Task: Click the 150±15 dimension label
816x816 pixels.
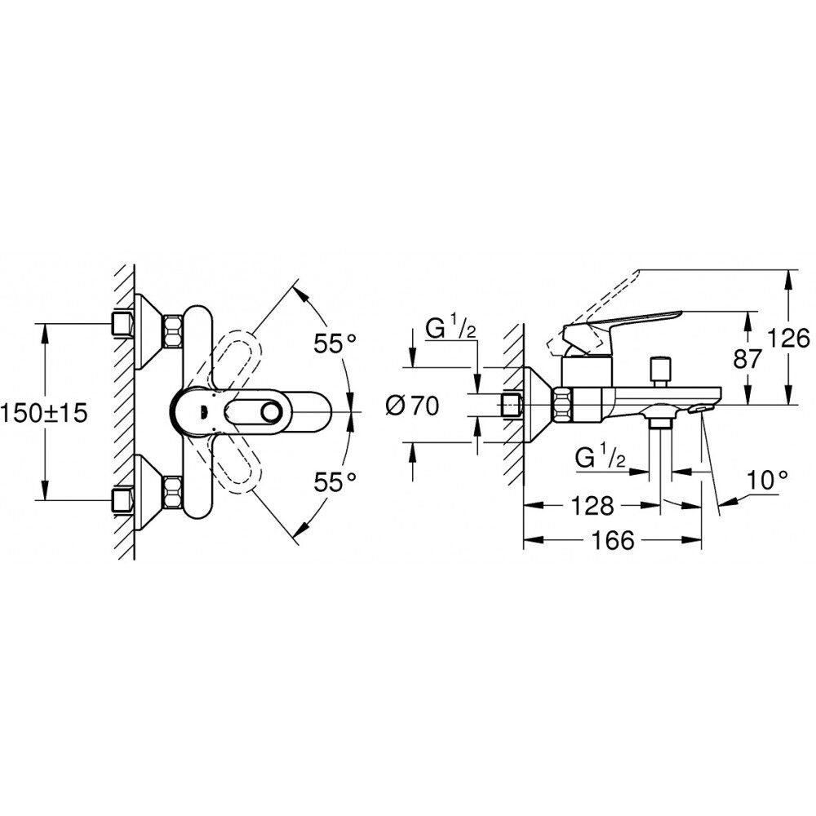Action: click(x=44, y=413)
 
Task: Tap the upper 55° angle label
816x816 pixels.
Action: click(x=335, y=344)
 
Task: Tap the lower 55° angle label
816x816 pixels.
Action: click(x=335, y=482)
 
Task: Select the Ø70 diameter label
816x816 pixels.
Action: click(x=412, y=406)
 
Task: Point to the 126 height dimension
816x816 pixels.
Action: click(x=789, y=339)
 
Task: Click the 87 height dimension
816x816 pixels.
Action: click(x=747, y=359)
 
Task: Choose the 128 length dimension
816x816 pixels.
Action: click(x=592, y=505)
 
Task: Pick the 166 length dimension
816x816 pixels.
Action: click(x=613, y=540)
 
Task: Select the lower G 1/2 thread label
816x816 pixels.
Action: click(x=601, y=458)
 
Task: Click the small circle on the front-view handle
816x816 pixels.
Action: click(x=271, y=412)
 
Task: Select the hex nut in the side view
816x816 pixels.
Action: click(x=562, y=405)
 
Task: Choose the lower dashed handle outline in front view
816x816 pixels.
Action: click(x=236, y=464)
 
